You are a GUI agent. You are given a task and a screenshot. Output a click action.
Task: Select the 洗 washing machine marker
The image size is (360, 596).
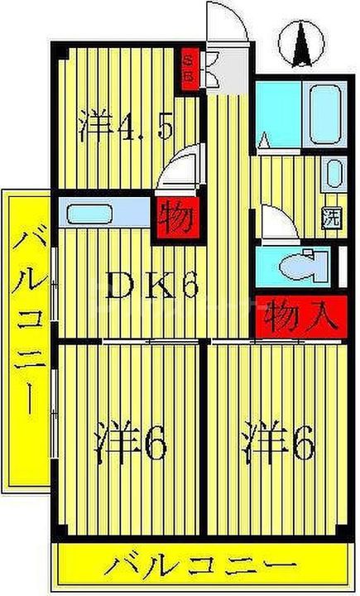[332, 220]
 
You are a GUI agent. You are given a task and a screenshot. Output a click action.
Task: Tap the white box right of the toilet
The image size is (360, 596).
[343, 266]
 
